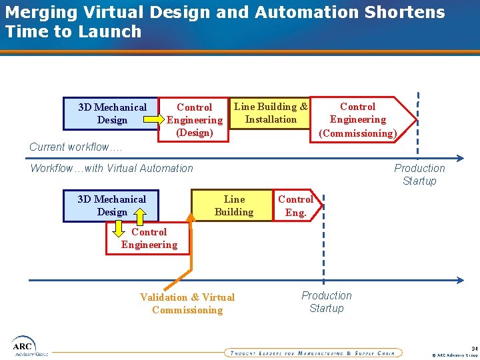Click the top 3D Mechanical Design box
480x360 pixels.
point(111,113)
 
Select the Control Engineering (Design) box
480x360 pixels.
point(194,120)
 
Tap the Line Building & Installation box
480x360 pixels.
point(270,113)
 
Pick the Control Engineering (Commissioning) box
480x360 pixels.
point(358,119)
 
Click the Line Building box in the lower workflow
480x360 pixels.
point(233,205)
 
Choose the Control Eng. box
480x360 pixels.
point(295,205)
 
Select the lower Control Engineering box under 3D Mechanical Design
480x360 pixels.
point(149,239)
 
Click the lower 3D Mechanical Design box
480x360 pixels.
point(111,205)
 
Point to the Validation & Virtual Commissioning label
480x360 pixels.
point(187,303)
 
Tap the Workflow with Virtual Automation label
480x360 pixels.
point(111,168)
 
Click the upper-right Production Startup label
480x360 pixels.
point(419,175)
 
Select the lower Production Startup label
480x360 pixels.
point(326,302)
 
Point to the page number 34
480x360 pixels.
point(474,348)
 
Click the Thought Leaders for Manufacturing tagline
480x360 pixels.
point(312,353)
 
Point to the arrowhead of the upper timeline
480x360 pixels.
point(459,158)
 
